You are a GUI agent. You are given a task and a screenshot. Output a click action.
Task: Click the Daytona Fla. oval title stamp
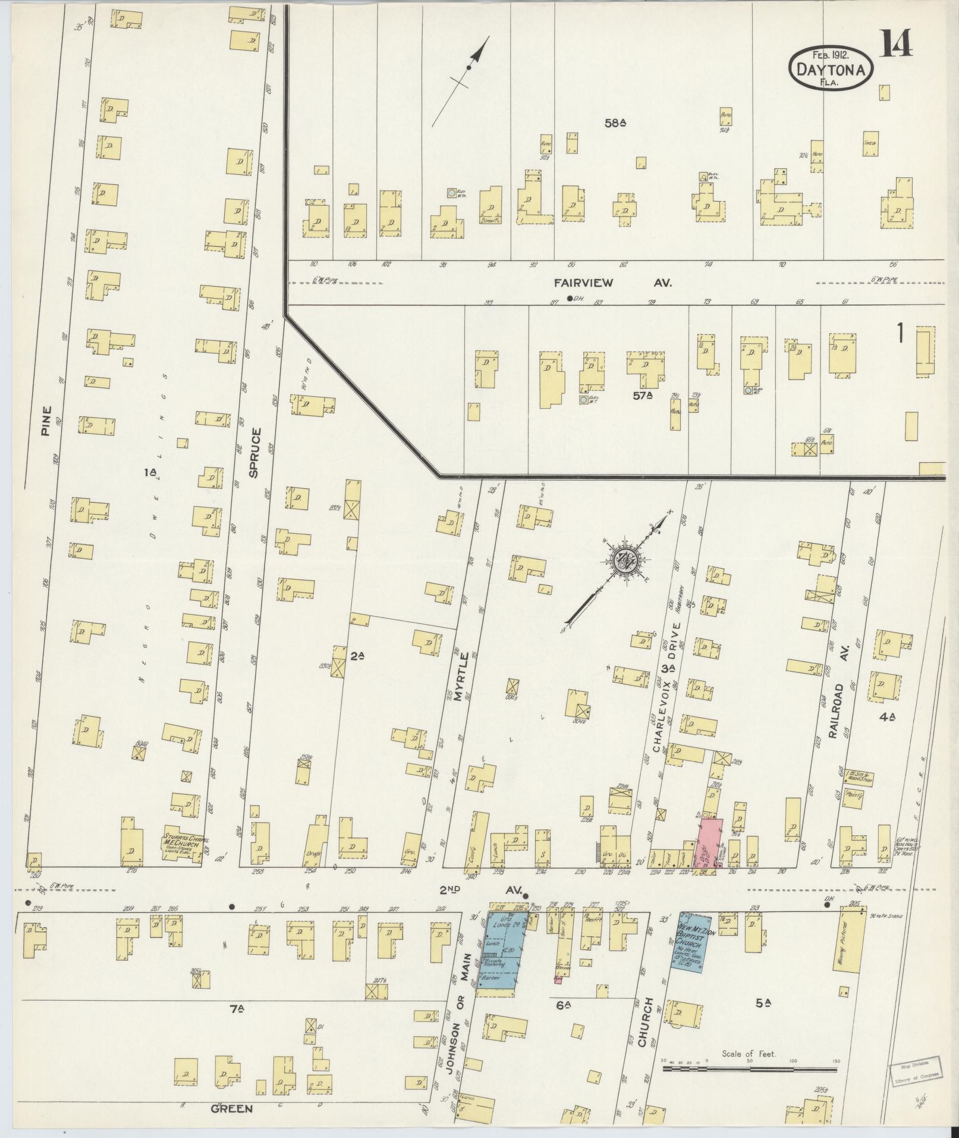(x=831, y=69)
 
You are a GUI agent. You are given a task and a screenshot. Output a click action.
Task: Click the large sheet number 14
(x=897, y=43)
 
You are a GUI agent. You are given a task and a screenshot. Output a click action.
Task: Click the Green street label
(x=232, y=1108)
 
